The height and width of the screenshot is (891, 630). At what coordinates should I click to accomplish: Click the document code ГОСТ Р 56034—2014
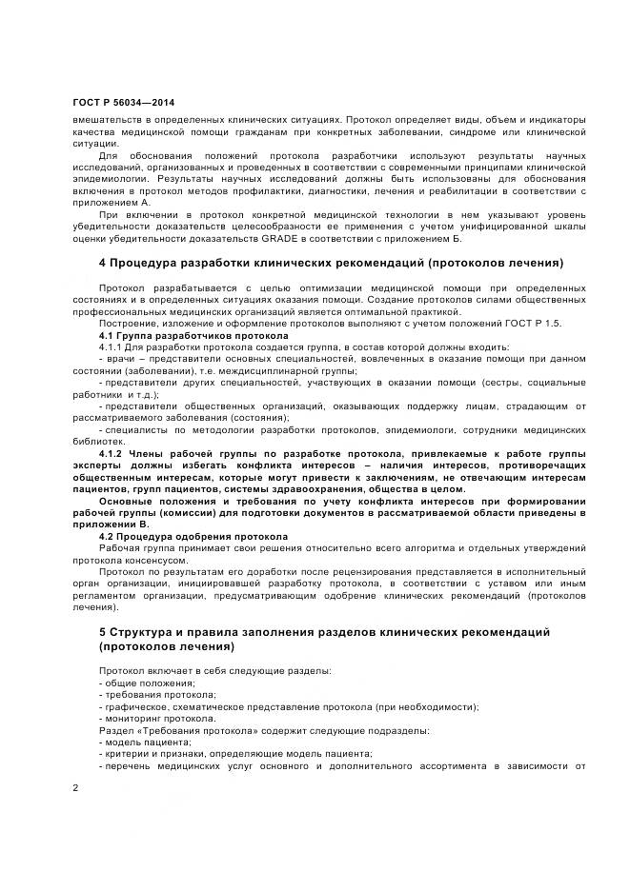pos(123,102)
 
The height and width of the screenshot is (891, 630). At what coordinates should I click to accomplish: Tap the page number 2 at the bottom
pos(75,787)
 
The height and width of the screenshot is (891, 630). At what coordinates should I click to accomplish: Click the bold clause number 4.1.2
pos(114,453)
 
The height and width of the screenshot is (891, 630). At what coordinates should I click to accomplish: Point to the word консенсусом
pos(147,561)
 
